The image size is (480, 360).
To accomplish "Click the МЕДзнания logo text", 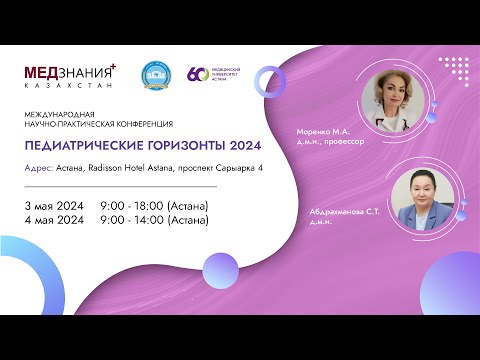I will point(69,72).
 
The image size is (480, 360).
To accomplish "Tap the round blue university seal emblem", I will point(154,75).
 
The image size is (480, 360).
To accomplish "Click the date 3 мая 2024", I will point(53,204).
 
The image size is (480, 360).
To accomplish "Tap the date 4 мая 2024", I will point(53,220).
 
